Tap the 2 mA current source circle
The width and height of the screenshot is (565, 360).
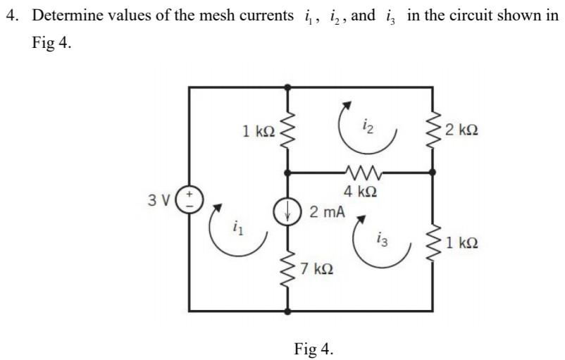coord(287,212)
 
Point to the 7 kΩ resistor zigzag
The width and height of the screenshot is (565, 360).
coord(287,268)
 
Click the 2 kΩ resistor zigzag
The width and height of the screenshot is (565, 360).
coord(433,130)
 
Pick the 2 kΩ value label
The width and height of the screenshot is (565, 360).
coord(461,130)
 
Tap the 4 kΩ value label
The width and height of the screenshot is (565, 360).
coord(361,192)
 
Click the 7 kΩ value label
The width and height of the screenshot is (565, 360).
coord(316,268)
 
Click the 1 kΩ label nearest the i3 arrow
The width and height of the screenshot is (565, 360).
coord(462,243)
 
